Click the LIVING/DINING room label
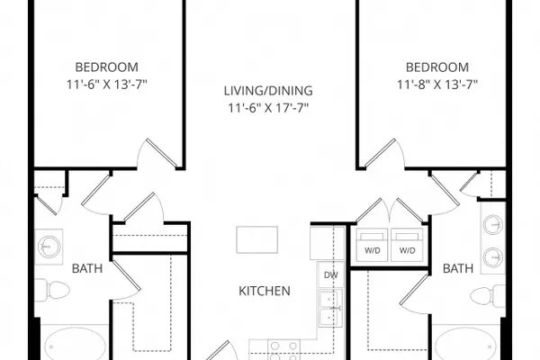tap(268, 91)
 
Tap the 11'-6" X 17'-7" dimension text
tap(268, 108)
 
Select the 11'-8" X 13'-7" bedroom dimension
tap(437, 85)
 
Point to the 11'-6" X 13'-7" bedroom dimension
tap(107, 85)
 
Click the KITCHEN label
tap(265, 291)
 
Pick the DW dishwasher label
tap(331, 274)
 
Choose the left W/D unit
tap(373, 245)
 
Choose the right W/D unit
tap(407, 245)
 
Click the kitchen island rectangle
tap(256, 239)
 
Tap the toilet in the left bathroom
tap(53, 290)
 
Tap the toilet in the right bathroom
tap(487, 295)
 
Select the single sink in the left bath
tap(49, 247)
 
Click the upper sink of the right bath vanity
tap(493, 225)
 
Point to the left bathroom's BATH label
tap(87, 268)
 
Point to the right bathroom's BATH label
tap(458, 268)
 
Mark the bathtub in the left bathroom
tap(75, 344)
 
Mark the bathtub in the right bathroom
tap(465, 344)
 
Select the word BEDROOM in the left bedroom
tap(107, 67)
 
